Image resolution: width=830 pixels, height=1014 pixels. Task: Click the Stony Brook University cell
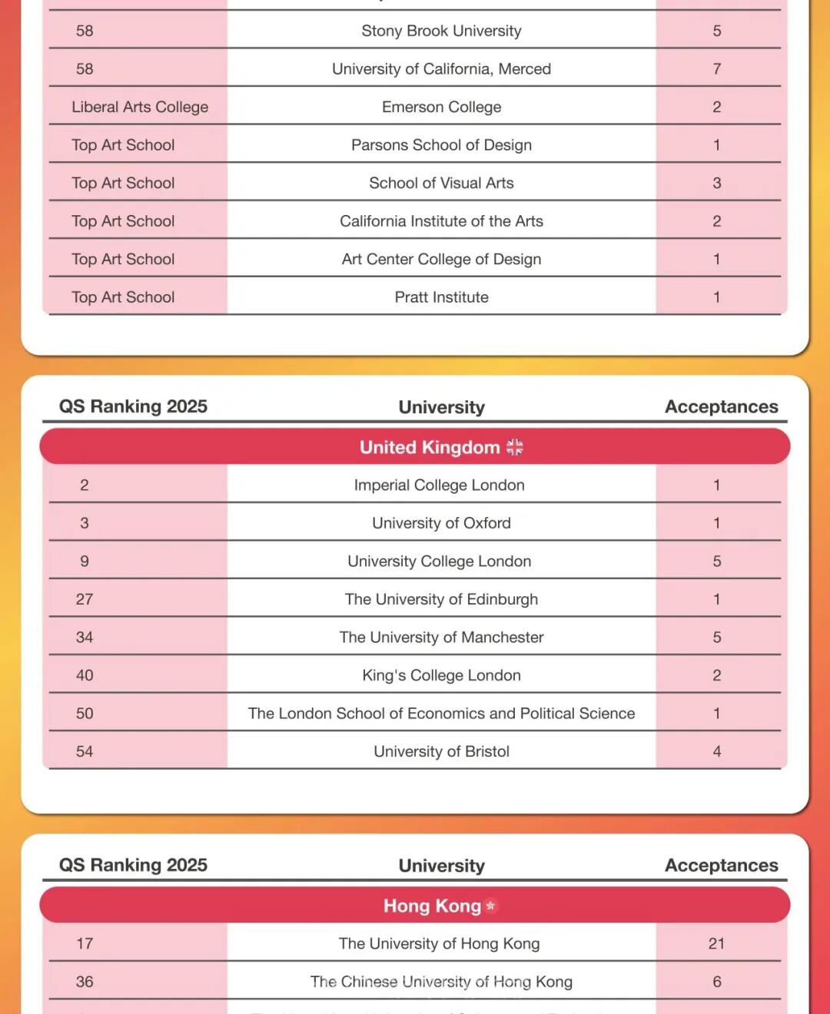[441, 31]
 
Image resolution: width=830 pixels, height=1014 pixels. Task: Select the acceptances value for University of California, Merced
[716, 69]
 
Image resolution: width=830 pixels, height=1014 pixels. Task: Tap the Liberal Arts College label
[140, 107]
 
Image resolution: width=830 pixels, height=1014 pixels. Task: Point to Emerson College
[441, 107]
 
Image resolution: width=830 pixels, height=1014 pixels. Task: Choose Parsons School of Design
[441, 145]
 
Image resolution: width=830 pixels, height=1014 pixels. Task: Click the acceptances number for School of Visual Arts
[716, 183]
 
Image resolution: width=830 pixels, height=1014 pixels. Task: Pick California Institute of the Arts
[441, 221]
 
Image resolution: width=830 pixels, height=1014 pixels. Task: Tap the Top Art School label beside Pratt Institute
[123, 297]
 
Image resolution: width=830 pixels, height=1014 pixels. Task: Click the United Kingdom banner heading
[429, 447]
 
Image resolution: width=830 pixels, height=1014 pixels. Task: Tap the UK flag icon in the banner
[515, 447]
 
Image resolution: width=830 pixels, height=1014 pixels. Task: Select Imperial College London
[439, 485]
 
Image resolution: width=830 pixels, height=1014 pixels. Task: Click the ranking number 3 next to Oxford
[85, 523]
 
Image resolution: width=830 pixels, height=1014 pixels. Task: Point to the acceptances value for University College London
[716, 561]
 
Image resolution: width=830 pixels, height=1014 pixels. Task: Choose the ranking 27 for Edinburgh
[85, 599]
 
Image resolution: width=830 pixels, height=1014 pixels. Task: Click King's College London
[441, 675]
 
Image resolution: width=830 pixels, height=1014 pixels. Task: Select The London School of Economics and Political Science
[441, 713]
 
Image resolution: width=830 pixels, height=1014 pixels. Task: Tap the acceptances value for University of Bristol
[716, 751]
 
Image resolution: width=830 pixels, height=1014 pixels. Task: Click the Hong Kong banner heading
[432, 906]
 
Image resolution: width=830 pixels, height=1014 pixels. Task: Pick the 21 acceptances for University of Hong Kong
[716, 943]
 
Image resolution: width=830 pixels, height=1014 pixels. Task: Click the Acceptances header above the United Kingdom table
[721, 406]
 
